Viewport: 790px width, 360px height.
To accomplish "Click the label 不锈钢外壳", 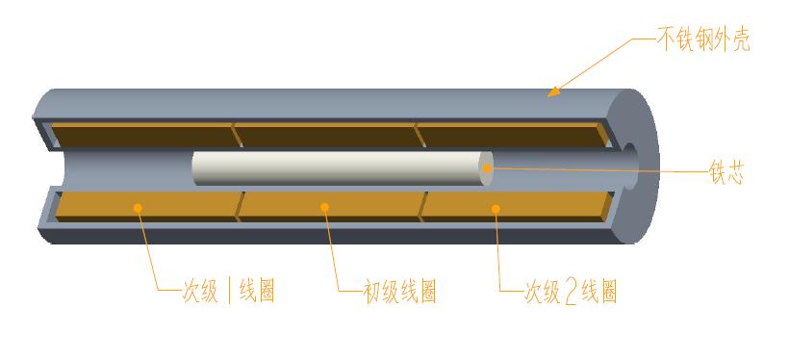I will pos(702,40).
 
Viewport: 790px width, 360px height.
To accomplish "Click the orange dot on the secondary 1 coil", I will pos(139,206).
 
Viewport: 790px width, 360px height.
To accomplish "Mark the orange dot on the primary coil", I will pos(324,206).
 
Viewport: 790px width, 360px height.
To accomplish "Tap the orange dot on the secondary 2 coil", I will pos(496,207).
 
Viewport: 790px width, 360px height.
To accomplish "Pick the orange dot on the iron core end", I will pos(488,168).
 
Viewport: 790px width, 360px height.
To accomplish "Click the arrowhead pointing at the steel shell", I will pos(552,92).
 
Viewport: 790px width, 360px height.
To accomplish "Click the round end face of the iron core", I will pos(486,168).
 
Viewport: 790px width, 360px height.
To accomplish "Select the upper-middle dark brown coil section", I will pos(327,135).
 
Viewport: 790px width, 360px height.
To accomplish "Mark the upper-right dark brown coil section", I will pos(510,135).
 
